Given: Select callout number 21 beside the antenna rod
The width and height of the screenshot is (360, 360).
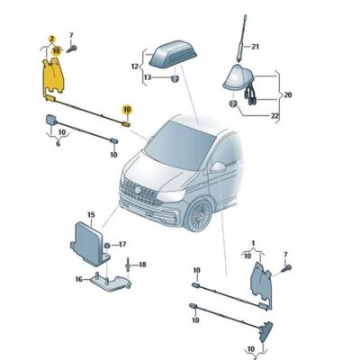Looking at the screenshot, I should click(x=255, y=46).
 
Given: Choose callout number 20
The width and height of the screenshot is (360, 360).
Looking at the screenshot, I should click(x=289, y=94).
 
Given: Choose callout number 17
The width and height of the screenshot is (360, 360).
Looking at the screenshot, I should click(x=123, y=243).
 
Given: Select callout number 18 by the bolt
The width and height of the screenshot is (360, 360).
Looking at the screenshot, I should click(x=141, y=265).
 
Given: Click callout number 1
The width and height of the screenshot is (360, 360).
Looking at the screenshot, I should click(x=254, y=243).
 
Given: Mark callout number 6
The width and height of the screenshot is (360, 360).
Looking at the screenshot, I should click(x=59, y=142).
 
